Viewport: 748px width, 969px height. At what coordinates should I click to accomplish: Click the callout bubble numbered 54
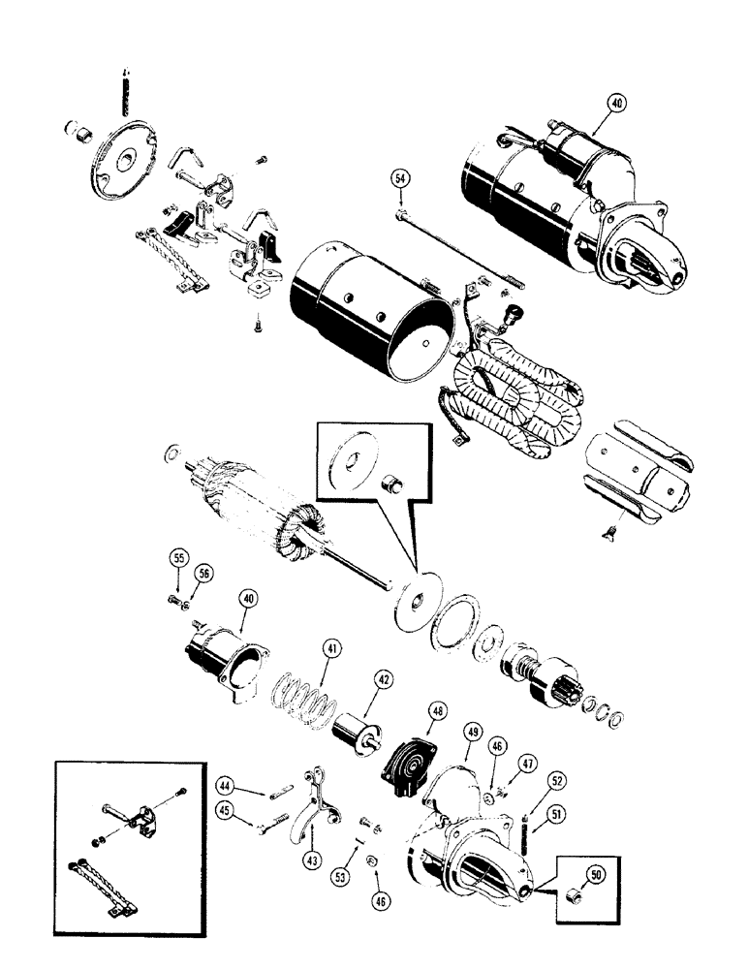(x=399, y=178)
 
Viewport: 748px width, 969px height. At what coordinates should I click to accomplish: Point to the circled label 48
(x=441, y=712)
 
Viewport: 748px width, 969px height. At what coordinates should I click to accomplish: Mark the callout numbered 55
(x=177, y=559)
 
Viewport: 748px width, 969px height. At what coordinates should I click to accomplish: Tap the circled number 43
(x=312, y=858)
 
